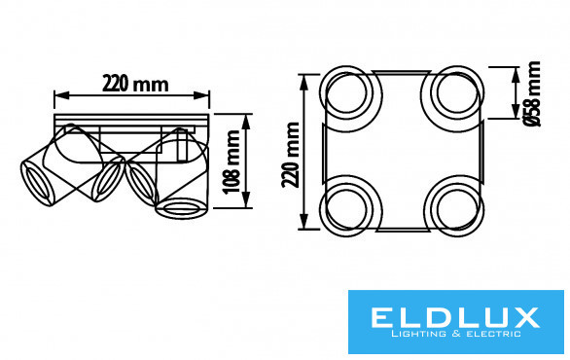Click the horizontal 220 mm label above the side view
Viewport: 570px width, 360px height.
pos(135,84)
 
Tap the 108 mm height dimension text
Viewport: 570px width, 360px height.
pos(232,162)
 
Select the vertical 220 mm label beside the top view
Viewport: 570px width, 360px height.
pos(291,155)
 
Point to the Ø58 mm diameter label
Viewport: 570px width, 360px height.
pos(532,93)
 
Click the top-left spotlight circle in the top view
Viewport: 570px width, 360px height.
pos(351,68)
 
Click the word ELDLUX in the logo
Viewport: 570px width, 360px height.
pos(455,317)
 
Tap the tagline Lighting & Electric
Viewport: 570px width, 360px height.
pos(456,334)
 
